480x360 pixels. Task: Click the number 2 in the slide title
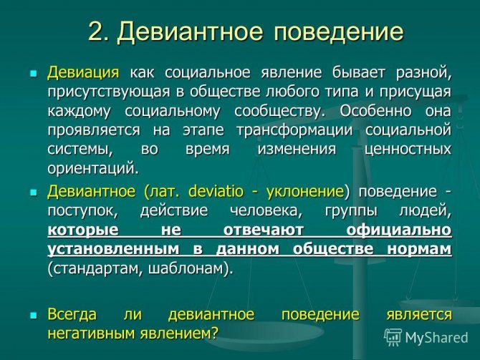pos(97,31)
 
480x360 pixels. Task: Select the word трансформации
pos(294,130)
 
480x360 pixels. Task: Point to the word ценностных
pos(408,150)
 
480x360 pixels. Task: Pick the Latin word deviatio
pos(216,191)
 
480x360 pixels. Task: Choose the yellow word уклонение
pos(305,192)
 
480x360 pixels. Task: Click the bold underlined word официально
pos(399,230)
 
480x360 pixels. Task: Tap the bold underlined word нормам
pos(419,250)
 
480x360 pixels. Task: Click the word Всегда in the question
pos(72,315)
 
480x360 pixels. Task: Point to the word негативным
pos(91,333)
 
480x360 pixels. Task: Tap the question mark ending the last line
pos(214,332)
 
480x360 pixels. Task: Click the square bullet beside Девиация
pos(33,74)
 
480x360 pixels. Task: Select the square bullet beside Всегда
pos(33,316)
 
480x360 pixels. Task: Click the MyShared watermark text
pos(436,338)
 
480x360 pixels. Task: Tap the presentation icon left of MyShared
pos(393,337)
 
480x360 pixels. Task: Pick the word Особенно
pos(375,111)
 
